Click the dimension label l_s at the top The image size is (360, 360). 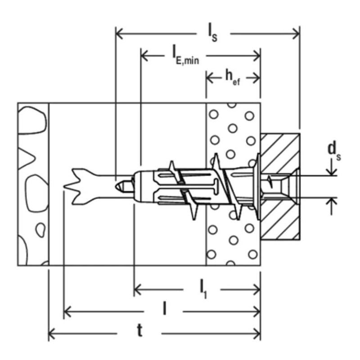(212, 35)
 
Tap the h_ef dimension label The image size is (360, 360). (233, 77)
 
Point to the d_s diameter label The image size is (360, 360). (334, 151)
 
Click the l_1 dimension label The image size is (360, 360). (203, 290)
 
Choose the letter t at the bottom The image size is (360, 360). (139, 331)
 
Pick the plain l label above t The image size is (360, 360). (164, 308)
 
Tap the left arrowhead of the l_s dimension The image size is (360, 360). (120, 34)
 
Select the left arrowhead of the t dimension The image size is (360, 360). (52, 333)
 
